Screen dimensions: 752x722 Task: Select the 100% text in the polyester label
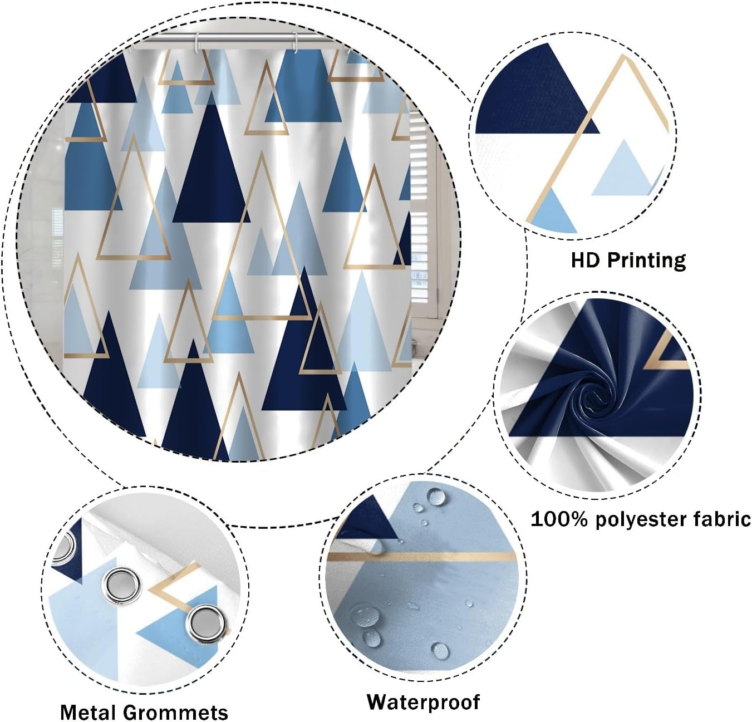point(558,519)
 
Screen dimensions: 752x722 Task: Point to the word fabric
point(723,519)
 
